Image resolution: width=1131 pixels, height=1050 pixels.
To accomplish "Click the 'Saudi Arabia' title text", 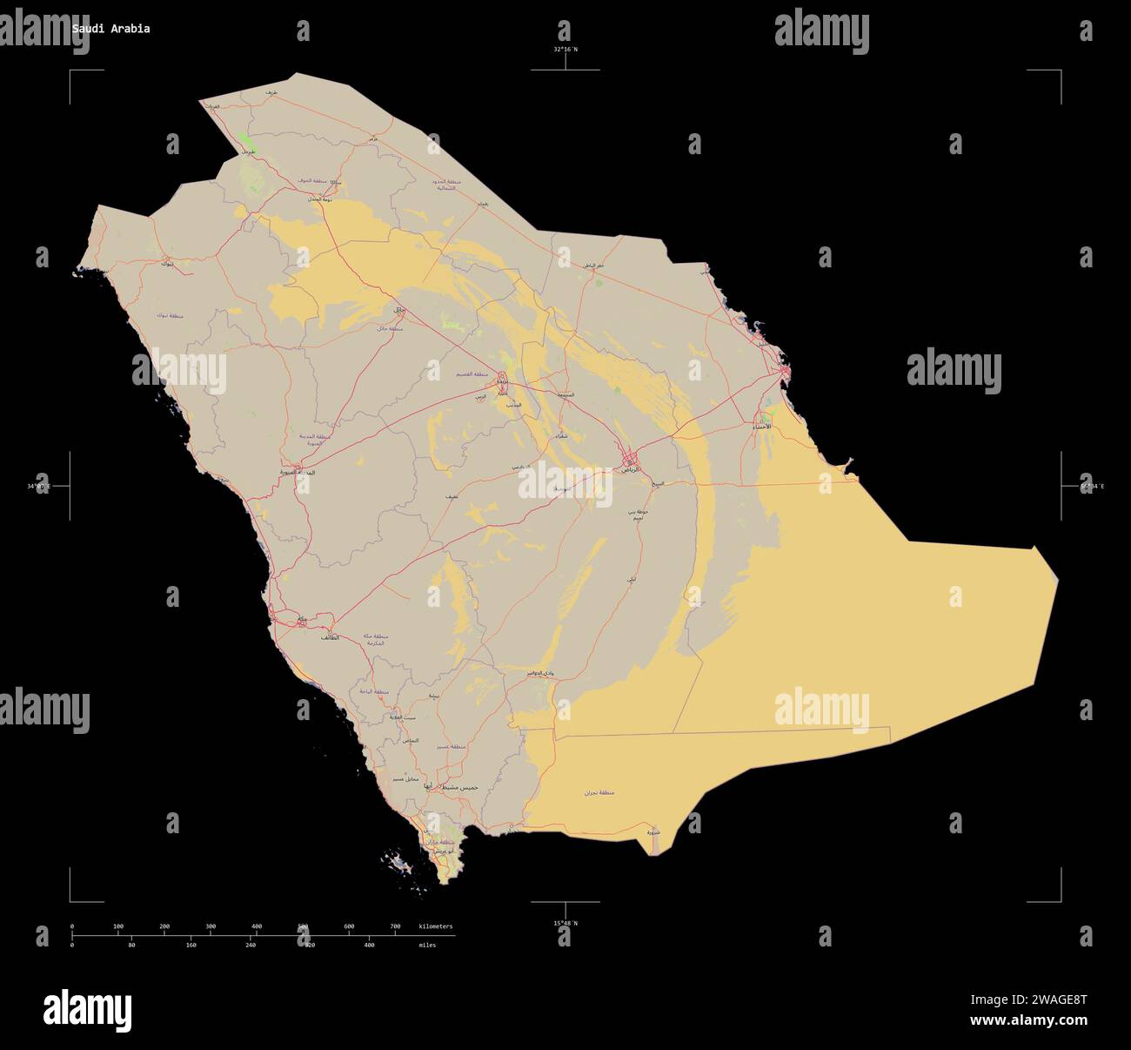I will [110, 29].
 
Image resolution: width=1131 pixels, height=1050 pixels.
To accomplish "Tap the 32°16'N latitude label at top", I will [565, 50].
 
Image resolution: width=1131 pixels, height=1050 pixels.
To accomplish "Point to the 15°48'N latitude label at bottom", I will [565, 923].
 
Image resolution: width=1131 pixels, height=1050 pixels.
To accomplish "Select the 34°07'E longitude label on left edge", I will [38, 486].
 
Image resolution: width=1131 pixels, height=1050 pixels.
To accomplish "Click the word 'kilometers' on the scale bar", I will [436, 926].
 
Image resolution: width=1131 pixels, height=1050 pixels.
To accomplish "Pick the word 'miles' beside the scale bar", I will [427, 945].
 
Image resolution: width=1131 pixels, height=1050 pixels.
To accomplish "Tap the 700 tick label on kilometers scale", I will [395, 926].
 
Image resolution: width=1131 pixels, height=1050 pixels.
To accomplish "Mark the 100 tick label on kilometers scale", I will [118, 926].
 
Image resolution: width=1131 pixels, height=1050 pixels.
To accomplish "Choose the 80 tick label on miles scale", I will [131, 945].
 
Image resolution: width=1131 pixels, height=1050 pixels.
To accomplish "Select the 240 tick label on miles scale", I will [251, 945].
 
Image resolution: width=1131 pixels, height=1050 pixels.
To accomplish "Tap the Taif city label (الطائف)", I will [329, 638].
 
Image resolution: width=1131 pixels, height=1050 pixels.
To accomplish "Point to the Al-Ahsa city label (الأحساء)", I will [760, 427].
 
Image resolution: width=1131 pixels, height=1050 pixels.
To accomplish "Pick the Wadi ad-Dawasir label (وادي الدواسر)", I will [539, 673].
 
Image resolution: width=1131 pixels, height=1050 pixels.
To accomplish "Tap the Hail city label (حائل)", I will [398, 310].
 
